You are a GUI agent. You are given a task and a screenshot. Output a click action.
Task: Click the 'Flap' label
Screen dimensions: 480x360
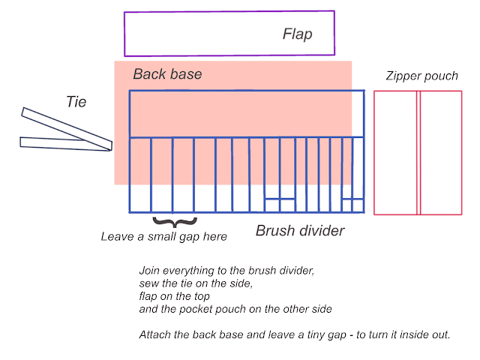click(x=297, y=34)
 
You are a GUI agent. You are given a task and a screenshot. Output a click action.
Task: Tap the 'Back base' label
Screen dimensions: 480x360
click(x=167, y=74)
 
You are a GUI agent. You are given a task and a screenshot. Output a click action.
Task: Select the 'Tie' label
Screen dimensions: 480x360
click(x=76, y=102)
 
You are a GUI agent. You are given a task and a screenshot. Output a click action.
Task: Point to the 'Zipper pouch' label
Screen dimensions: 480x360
click(x=421, y=76)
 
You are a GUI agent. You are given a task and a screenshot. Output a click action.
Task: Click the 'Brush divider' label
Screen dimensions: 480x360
click(x=300, y=231)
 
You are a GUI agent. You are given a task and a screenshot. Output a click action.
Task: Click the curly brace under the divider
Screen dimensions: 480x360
click(x=175, y=223)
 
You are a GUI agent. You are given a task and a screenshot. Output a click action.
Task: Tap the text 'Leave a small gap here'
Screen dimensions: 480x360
click(x=164, y=237)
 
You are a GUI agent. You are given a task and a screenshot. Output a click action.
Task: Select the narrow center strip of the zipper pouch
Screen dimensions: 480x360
click(x=418, y=153)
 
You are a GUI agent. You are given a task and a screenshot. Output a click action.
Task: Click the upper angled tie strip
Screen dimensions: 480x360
click(x=67, y=129)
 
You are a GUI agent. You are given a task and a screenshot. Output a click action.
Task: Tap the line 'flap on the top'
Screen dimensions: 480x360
click(x=175, y=296)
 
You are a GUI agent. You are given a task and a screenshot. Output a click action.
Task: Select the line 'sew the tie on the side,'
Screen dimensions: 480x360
click(x=196, y=283)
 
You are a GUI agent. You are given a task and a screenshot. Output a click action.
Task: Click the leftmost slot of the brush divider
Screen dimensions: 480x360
click(x=140, y=175)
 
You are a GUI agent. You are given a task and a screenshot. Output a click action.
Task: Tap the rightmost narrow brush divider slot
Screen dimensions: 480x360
click(x=358, y=168)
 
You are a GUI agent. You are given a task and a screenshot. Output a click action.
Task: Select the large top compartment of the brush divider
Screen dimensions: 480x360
click(x=247, y=114)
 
